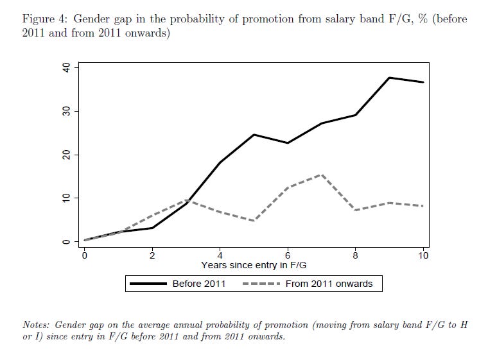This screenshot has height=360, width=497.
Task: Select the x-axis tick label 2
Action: click(x=152, y=255)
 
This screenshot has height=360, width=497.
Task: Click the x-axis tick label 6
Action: click(x=288, y=255)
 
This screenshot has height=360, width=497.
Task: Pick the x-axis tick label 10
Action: click(x=423, y=255)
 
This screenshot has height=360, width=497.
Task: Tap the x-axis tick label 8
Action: click(x=355, y=255)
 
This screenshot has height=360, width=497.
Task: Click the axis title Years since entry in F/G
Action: click(x=254, y=264)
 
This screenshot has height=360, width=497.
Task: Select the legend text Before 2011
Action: click(x=199, y=284)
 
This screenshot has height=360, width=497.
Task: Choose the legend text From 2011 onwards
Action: click(x=329, y=284)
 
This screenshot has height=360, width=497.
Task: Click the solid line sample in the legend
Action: click(x=149, y=284)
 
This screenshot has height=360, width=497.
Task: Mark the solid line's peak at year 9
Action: click(x=389, y=78)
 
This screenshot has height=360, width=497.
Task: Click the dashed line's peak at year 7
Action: click(x=322, y=175)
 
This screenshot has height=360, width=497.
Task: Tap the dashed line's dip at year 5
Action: click(x=254, y=221)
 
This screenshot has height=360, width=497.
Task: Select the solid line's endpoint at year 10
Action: click(x=423, y=82)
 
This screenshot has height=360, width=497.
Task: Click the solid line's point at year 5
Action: click(x=254, y=135)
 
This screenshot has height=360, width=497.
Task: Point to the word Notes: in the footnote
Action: click(x=37, y=325)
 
